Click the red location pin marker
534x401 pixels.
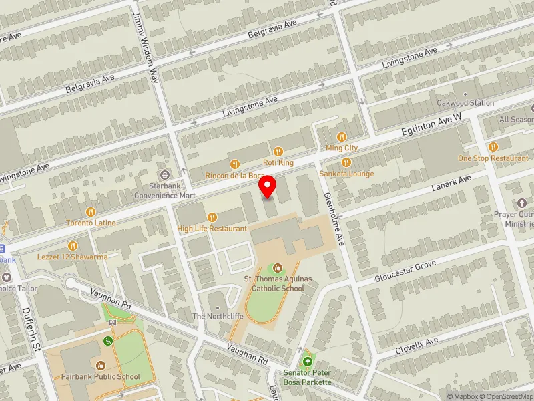click(x=268, y=187)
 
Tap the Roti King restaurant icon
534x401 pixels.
click(x=278, y=150)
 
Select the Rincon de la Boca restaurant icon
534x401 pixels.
click(x=234, y=164)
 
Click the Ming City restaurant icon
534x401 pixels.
click(x=342, y=136)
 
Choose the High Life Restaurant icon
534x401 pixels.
click(x=212, y=217)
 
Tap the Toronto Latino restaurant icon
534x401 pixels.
click(x=91, y=211)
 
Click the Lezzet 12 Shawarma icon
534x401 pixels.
click(x=73, y=246)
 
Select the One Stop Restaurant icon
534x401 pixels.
click(x=493, y=147)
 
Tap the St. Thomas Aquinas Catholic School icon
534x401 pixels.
click(x=278, y=268)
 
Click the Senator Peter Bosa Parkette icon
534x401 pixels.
click(x=307, y=362)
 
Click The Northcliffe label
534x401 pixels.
click(x=214, y=316)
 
